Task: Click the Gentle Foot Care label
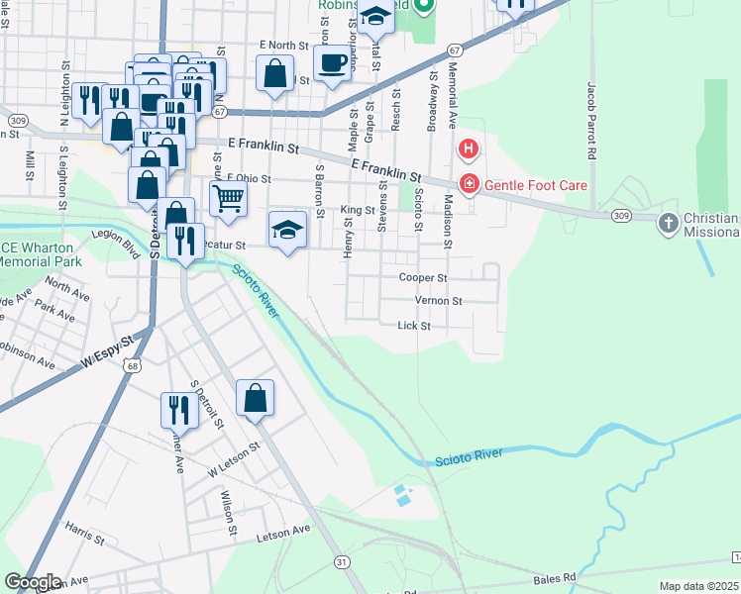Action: click(535, 185)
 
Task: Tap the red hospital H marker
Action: click(468, 150)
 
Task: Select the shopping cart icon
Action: click(228, 199)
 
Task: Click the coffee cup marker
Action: click(332, 62)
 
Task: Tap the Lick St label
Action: click(413, 326)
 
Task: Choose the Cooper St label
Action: click(424, 278)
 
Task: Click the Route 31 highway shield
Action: click(342, 561)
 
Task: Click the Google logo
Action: click(32, 582)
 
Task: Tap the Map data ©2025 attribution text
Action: click(698, 586)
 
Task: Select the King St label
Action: click(357, 210)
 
